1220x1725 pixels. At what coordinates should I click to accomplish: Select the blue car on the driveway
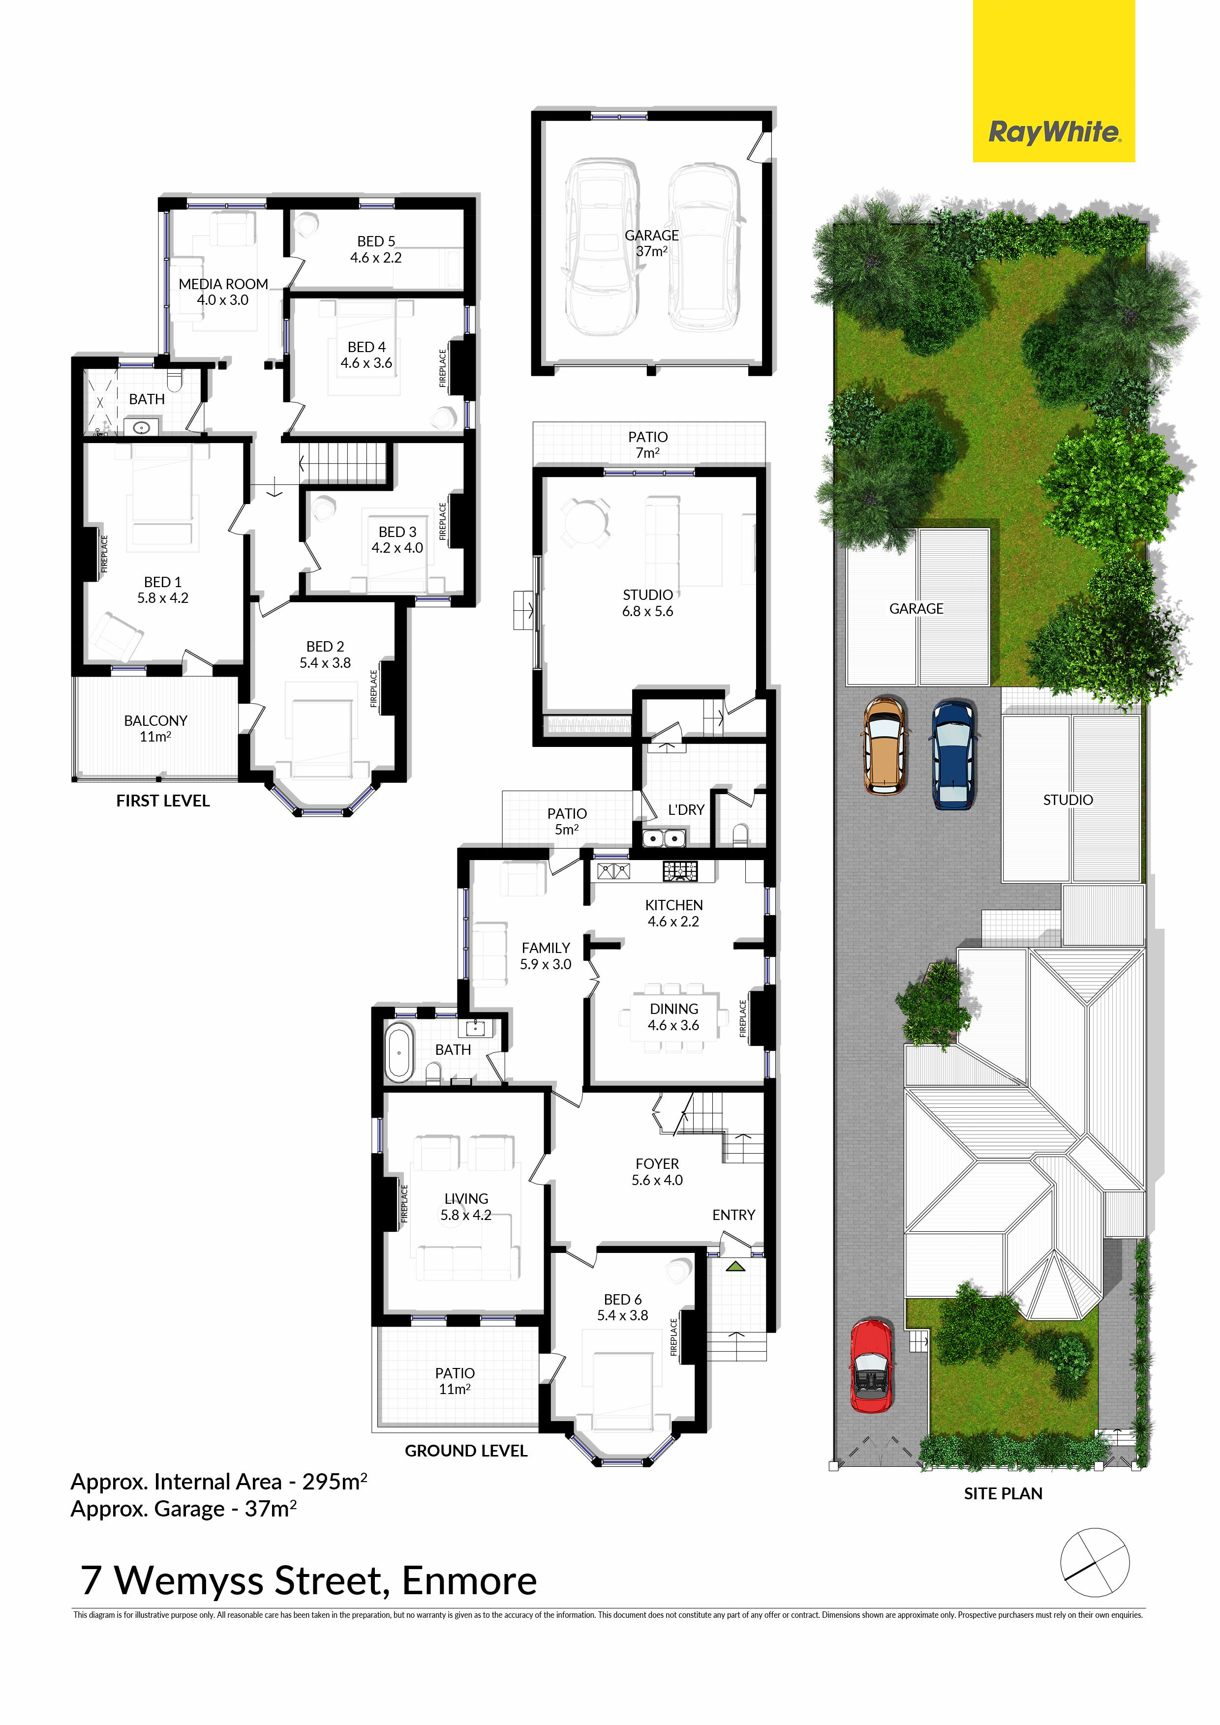pyautogui.click(x=954, y=753)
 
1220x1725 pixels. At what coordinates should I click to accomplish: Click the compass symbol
pyautogui.click(x=1095, y=1563)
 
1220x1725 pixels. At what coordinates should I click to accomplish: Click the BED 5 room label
pyautogui.click(x=376, y=249)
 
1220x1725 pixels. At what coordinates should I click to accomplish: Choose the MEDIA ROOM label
pyautogui.click(x=223, y=292)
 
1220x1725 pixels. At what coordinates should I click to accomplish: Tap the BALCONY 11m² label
pyautogui.click(x=155, y=728)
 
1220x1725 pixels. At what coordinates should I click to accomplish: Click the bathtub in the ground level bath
pyautogui.click(x=399, y=1052)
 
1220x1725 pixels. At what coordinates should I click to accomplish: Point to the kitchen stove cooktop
pyautogui.click(x=679, y=871)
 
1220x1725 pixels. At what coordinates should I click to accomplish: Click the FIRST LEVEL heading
pyautogui.click(x=163, y=801)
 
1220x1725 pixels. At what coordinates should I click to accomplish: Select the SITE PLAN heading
pyautogui.click(x=1004, y=1493)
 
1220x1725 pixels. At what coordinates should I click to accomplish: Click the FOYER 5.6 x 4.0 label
pyautogui.click(x=657, y=1172)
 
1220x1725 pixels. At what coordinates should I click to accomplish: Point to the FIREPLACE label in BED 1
pyautogui.click(x=104, y=555)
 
